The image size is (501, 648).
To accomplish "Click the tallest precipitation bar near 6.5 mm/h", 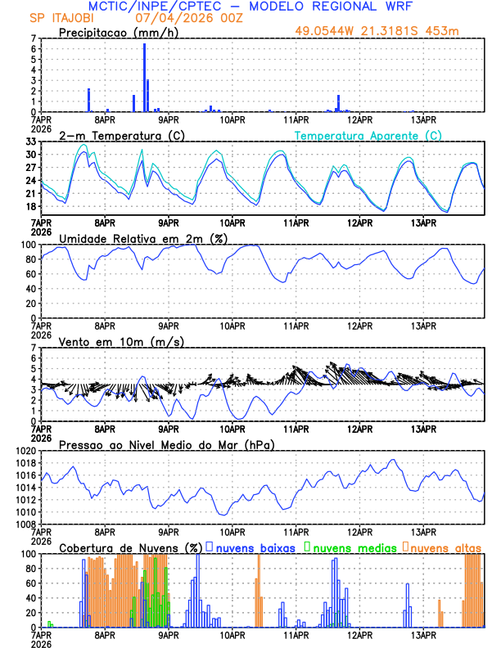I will coord(144,78).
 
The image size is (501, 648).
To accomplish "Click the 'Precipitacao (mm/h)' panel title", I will coord(117,32).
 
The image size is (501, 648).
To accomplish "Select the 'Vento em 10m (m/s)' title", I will coord(121,341).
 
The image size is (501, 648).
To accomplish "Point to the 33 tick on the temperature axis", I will coord(31,142).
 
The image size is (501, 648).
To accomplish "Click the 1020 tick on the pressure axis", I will coord(26,451).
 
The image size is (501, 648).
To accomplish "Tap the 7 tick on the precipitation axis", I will coord(34,38).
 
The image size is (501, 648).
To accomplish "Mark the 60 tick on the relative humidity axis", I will coord(31,274).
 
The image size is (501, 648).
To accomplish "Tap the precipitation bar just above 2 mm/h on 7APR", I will coord(88,100).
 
